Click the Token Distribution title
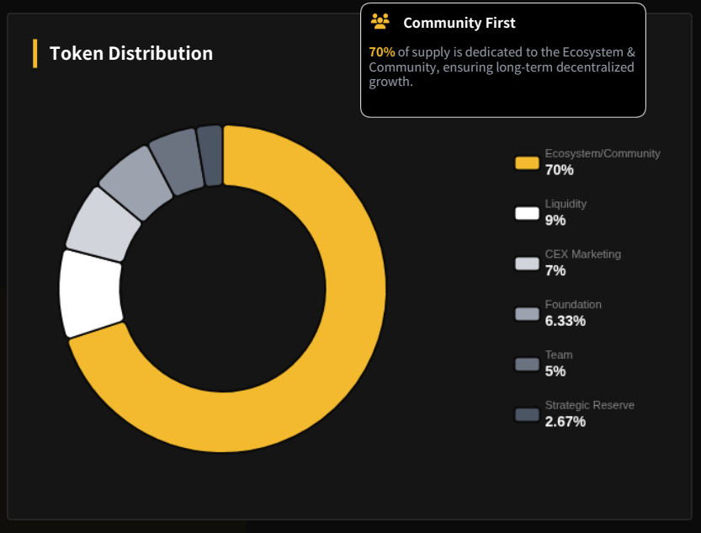[130, 53]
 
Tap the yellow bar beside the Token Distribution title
[35, 53]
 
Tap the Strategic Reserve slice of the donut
[210, 155]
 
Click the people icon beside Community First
[380, 22]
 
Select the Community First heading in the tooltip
[459, 23]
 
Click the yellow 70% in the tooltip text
[381, 52]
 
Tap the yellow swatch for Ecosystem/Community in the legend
[527, 163]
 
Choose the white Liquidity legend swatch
[527, 213]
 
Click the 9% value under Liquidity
[555, 221]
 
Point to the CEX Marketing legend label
[582, 254]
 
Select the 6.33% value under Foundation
[565, 321]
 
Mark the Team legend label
[559, 355]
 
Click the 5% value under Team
[555, 371]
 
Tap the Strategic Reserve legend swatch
[527, 414]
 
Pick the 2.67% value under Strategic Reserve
[565, 422]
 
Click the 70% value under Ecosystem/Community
[559, 170]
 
